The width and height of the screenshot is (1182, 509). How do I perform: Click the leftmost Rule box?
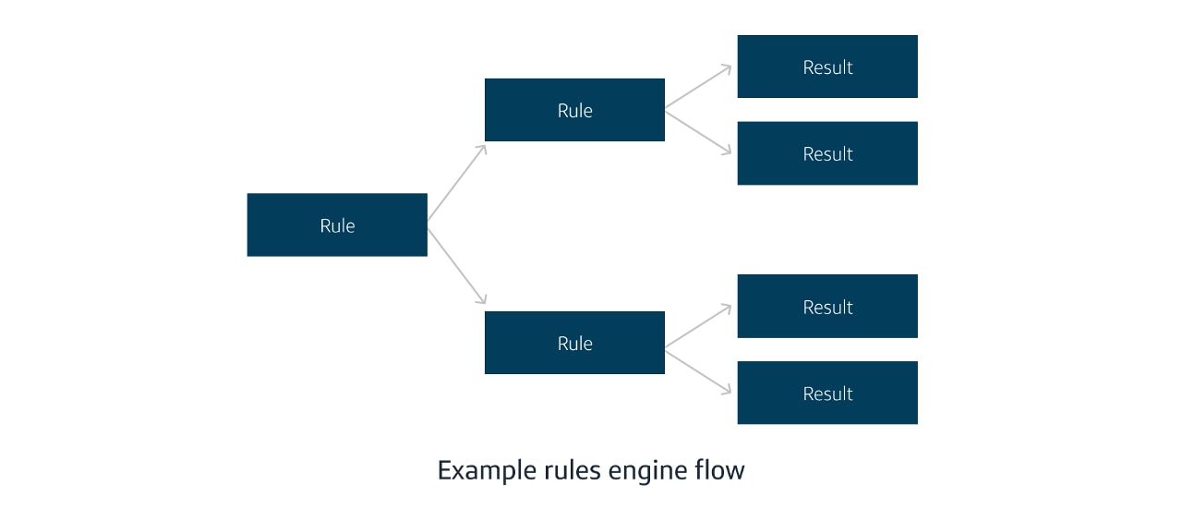(337, 224)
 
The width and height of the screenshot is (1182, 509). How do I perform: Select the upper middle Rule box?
(574, 110)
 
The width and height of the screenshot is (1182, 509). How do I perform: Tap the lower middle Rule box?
(574, 343)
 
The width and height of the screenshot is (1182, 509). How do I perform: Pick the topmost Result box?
(827, 67)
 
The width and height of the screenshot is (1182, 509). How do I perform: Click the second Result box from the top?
(827, 153)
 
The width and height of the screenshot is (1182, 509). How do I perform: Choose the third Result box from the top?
(827, 306)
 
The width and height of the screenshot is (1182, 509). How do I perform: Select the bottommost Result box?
(827, 393)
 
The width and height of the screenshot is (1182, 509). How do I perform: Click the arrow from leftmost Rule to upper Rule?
(456, 183)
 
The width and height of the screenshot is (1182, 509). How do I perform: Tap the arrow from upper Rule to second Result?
(698, 132)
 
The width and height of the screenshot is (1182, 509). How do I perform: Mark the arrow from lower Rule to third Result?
(698, 326)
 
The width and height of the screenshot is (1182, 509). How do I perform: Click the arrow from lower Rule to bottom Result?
(698, 370)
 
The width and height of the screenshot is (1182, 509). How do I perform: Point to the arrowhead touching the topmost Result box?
(728, 68)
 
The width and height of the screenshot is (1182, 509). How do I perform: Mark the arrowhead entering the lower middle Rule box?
(481, 299)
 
